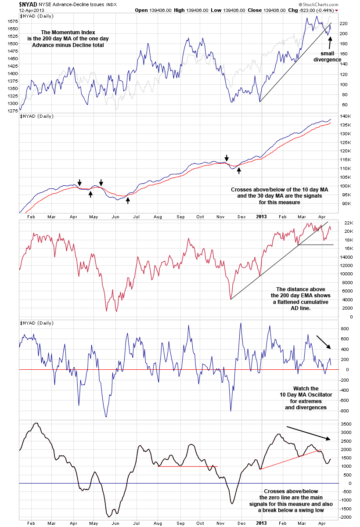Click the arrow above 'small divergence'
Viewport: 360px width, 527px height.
(330, 43)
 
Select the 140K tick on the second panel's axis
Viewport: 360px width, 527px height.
(345, 116)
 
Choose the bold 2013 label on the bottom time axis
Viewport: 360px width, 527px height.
(261, 523)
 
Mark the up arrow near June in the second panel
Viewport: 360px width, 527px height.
(128, 201)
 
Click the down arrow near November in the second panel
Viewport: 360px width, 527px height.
(227, 158)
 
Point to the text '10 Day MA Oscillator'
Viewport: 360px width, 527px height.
(306, 395)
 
